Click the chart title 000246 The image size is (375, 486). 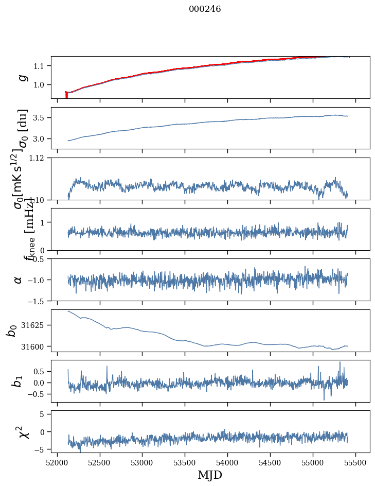point(205,9)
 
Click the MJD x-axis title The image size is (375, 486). point(210,475)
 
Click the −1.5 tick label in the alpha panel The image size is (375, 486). point(37,301)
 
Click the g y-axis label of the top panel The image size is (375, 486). point(22,77)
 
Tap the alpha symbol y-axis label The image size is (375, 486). point(19,280)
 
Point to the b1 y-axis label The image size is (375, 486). point(17,381)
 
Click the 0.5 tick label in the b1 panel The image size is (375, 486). point(39,371)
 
